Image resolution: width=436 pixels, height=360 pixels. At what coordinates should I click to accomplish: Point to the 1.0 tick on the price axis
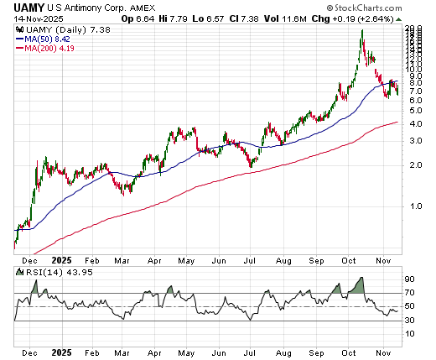tap(415, 206)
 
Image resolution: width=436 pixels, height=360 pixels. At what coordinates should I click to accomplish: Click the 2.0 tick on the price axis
tap(415, 164)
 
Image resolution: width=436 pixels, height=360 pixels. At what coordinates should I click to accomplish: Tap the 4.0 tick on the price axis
tap(415, 123)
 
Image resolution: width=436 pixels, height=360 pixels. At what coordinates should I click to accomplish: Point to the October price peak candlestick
tap(361, 32)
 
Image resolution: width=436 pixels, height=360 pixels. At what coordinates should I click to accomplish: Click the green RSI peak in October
tap(360, 284)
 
